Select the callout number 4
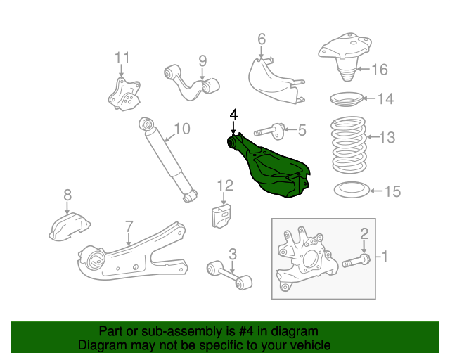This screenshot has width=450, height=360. [x=233, y=114]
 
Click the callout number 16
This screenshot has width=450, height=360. [x=379, y=69]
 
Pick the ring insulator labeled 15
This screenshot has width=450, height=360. [x=349, y=190]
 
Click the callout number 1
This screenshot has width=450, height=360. [x=385, y=257]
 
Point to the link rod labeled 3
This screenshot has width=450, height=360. [x=229, y=275]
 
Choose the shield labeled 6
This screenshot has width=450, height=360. [x=274, y=81]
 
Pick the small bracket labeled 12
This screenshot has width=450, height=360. [x=223, y=214]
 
